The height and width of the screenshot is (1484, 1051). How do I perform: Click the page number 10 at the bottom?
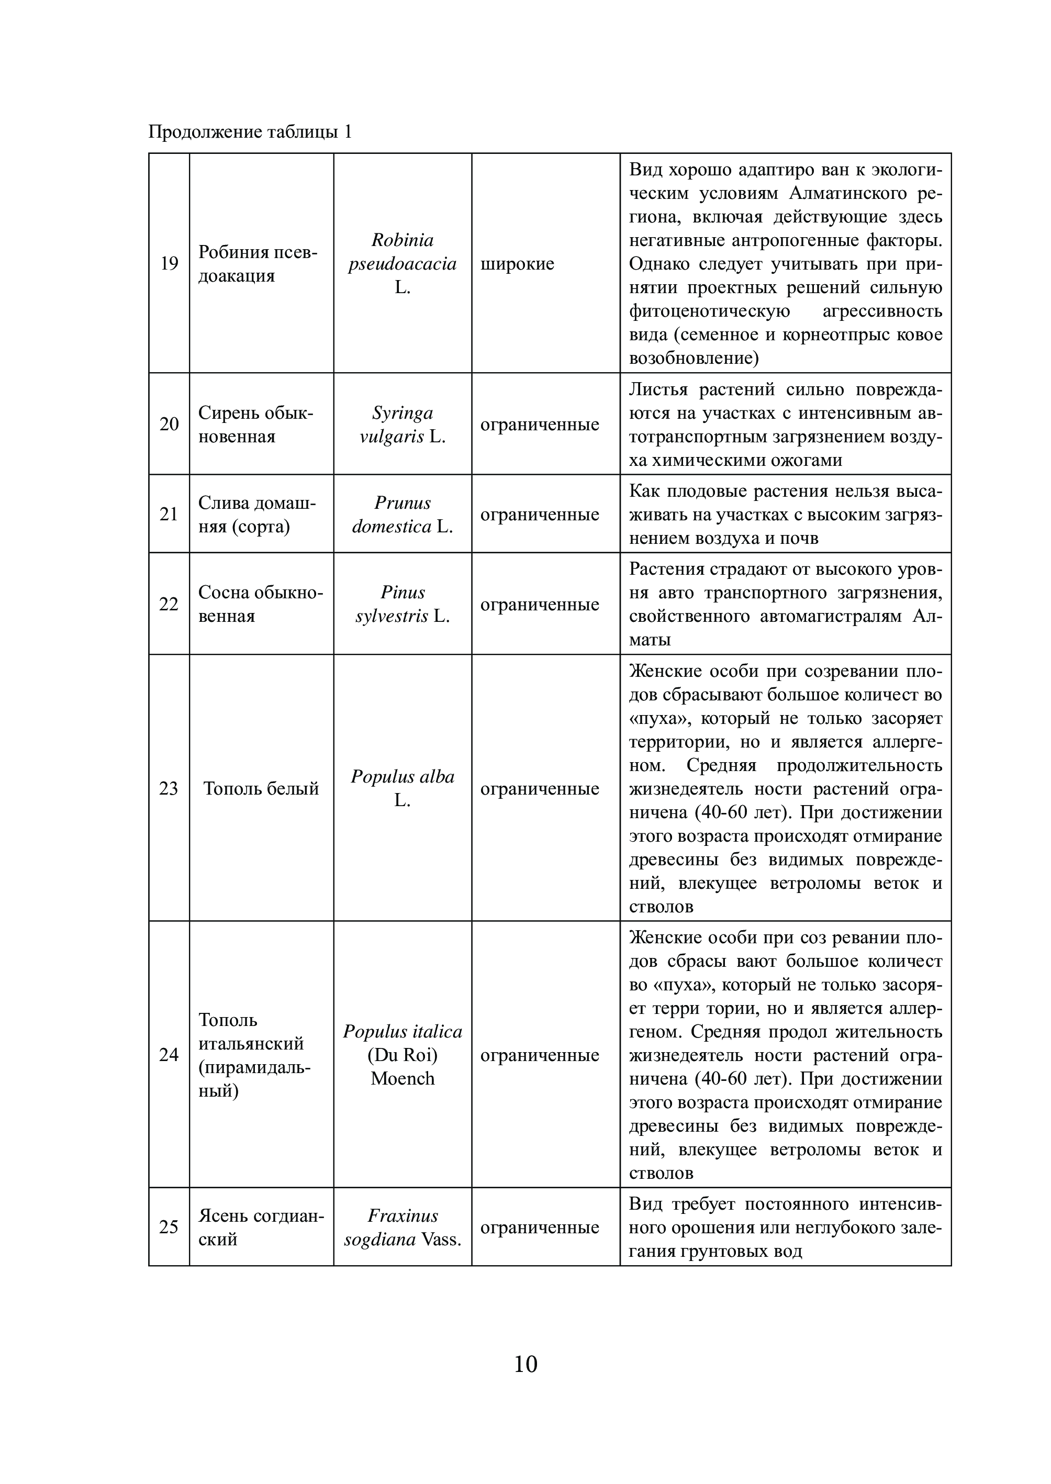[525, 1364]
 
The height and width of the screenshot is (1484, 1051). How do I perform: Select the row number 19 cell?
[169, 263]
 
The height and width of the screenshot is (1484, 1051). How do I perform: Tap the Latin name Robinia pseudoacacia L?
[402, 263]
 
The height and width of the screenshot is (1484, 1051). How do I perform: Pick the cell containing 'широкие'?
[517, 264]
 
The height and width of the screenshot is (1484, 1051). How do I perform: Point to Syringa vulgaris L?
[402, 425]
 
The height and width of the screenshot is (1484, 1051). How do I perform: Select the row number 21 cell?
[169, 514]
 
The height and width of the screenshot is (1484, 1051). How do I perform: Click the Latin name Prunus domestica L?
[402, 515]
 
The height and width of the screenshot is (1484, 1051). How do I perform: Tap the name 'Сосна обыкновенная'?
[260, 604]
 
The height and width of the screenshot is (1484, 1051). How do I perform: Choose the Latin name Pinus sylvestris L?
[402, 604]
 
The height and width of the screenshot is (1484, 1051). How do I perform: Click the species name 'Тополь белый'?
[262, 788]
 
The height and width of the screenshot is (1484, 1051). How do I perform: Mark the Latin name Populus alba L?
[402, 788]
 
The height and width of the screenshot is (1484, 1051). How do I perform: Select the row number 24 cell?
[169, 1055]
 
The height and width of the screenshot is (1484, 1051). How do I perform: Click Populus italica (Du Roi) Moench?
[402, 1055]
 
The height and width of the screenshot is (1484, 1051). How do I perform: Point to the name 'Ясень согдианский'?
[261, 1227]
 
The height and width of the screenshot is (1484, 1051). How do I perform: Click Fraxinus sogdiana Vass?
[402, 1227]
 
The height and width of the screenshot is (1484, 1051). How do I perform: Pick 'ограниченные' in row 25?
[540, 1228]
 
